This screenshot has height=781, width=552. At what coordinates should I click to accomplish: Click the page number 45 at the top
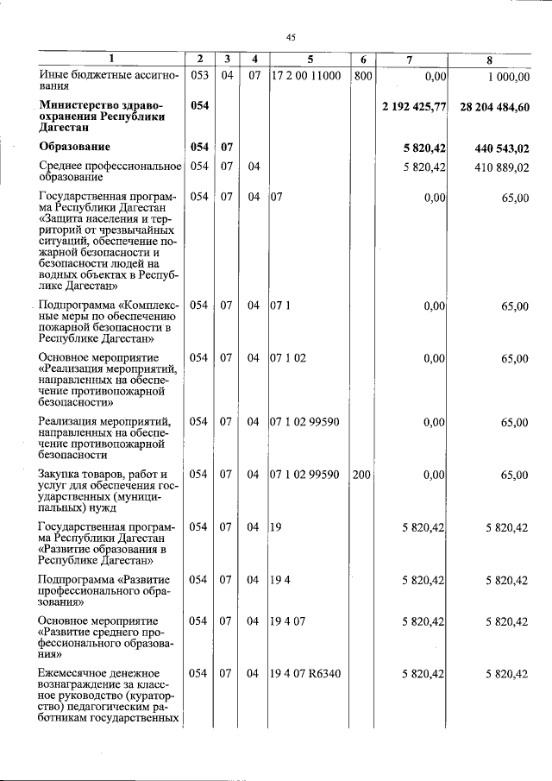[291, 37]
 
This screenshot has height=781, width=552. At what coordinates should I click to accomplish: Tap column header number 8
[489, 59]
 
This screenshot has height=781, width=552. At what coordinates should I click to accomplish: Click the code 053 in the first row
[199, 76]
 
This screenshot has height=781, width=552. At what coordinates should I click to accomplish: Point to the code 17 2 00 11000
[306, 76]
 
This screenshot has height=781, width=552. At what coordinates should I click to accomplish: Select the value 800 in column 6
[362, 76]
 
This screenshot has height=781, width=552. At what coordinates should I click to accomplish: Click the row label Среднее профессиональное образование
[110, 171]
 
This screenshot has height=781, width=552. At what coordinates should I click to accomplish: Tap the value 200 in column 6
[362, 475]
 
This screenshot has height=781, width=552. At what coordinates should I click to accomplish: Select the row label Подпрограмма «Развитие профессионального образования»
[104, 591]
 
